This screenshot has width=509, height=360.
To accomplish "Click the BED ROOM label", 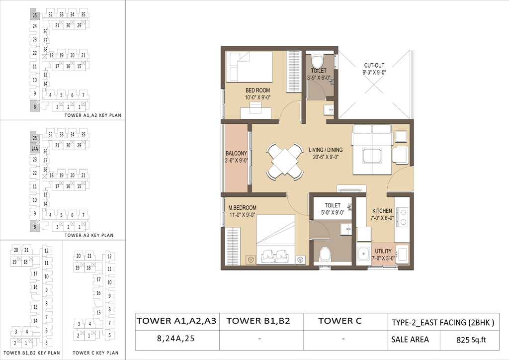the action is tap(258, 90).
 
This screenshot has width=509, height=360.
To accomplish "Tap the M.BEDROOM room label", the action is tap(242, 208).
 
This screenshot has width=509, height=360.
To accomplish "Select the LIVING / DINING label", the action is tap(326, 150).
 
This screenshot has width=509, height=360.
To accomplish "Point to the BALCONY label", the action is tap(236, 153).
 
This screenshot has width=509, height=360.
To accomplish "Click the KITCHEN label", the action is tap(382, 211).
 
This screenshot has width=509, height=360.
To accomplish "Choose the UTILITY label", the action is tap(383, 251).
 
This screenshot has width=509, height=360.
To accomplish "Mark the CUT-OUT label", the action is tap(374, 65).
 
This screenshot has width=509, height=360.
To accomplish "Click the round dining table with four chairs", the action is tap(285, 161).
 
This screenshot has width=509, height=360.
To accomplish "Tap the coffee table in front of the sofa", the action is tap(372, 156).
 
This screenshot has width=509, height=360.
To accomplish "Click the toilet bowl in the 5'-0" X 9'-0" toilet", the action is tap(325, 254).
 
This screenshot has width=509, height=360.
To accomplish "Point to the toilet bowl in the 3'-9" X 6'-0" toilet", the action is tap(317, 60).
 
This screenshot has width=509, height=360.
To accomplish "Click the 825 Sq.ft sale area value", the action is tap(471, 340).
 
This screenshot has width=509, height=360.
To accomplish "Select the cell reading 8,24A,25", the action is tap(175, 339).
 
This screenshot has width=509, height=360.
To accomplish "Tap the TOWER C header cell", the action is tap(340, 321).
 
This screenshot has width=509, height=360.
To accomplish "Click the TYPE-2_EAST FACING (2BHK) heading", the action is tap(443, 322).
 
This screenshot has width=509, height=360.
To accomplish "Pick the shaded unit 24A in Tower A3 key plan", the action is tap(35, 149).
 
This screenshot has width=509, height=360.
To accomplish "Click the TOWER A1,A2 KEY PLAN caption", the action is tap(93, 115).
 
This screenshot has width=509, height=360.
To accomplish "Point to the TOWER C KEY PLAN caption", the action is tap(95, 353).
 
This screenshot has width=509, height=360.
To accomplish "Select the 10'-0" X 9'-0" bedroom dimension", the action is tap(258, 97).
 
